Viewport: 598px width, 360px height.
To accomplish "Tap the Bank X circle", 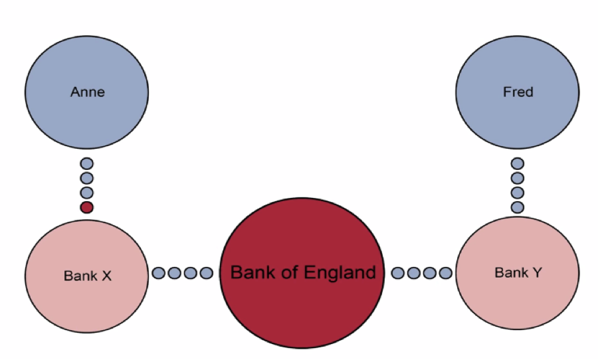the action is coord(87,274).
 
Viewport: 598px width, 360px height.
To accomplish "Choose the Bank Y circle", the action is coord(518,273).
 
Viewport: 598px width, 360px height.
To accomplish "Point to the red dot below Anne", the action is coord(86,207).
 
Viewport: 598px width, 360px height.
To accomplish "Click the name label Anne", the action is coord(87,92).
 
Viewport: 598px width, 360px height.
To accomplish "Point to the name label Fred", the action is coord(518,92).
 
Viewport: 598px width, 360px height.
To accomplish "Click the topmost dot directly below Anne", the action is coord(86,163).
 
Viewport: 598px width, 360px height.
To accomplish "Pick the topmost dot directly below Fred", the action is coord(518,163).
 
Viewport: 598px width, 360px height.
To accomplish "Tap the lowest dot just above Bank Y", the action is coord(518,207).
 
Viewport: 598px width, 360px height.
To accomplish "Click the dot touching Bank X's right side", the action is coord(159,273).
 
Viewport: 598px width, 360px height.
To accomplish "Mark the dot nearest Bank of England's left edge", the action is coord(206,273).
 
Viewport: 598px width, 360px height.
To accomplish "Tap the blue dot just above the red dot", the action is coord(86,193).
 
